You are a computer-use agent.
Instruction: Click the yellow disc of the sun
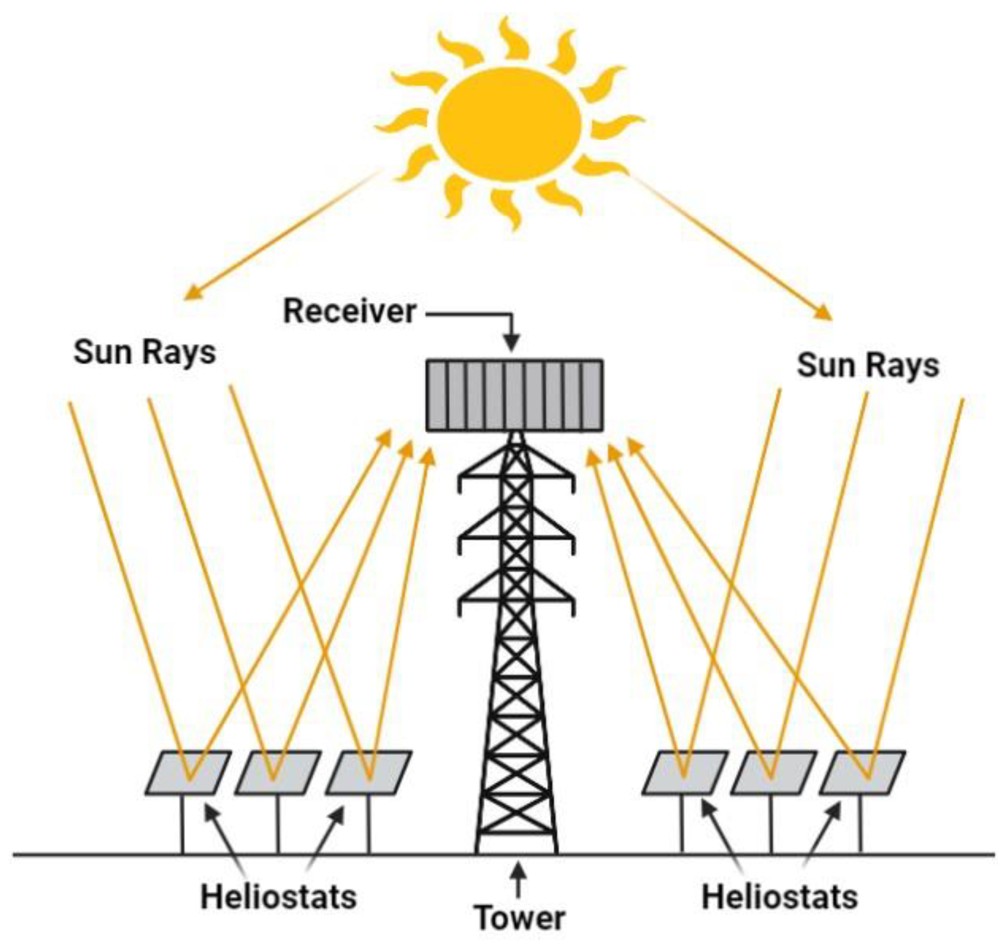click(x=509, y=125)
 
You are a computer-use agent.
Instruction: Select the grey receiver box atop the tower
click(x=514, y=395)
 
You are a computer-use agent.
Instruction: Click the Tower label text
click(x=520, y=918)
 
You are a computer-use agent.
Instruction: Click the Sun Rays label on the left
click(x=145, y=353)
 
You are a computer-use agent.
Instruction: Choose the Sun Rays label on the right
click(x=868, y=365)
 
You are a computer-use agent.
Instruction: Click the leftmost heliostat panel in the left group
click(x=189, y=772)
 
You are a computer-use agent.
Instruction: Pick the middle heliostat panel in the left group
click(x=278, y=772)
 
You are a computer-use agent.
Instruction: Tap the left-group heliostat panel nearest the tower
click(x=369, y=772)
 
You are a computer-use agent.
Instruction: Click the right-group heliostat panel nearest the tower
click(x=685, y=772)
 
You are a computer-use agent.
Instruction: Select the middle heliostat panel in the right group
click(x=774, y=772)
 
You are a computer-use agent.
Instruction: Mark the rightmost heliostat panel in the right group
click(x=862, y=772)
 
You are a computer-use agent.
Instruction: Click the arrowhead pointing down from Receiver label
click(x=512, y=343)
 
